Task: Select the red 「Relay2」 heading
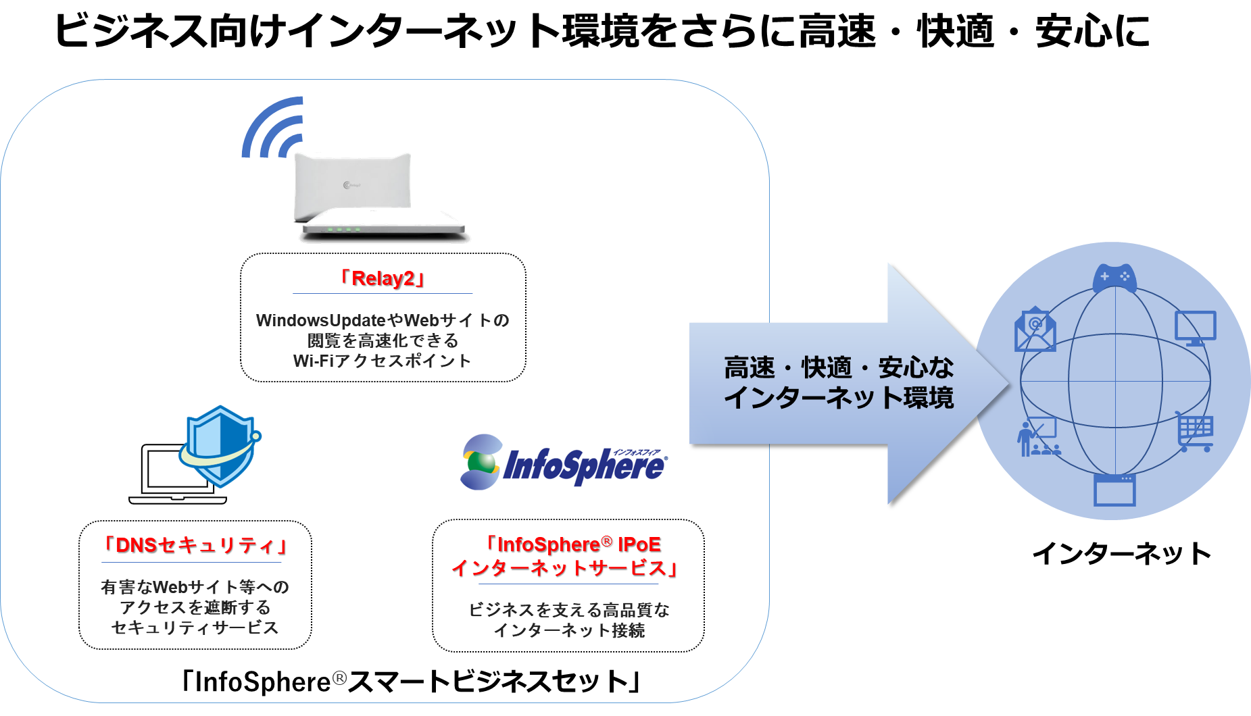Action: click(383, 278)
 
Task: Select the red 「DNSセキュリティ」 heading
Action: click(195, 545)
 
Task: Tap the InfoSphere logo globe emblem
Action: click(481, 463)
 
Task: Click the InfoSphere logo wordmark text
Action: click(585, 466)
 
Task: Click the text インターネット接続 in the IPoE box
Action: click(569, 630)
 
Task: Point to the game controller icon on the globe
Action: click(1114, 277)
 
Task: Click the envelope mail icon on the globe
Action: click(1034, 330)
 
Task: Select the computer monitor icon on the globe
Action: click(1195, 328)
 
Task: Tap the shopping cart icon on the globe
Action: click(1194, 432)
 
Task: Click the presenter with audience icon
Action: click(1037, 438)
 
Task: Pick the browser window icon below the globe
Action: click(1114, 490)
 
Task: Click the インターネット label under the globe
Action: click(1121, 553)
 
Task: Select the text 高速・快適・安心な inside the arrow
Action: click(838, 367)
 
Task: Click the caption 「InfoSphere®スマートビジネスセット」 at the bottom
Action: click(411, 681)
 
